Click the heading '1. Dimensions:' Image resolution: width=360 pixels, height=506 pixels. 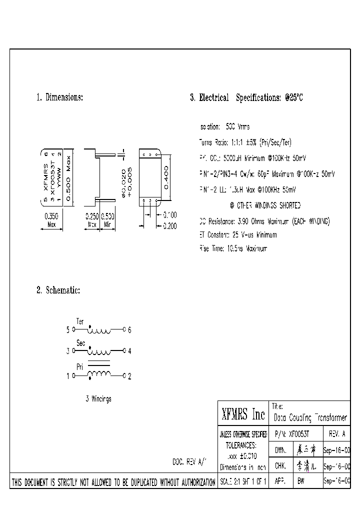[59, 97]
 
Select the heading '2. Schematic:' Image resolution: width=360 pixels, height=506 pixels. [58, 290]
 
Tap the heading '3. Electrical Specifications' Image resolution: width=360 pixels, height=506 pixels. [246, 98]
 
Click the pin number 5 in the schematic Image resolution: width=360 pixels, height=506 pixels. [68, 330]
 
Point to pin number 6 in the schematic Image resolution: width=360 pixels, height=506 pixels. [129, 330]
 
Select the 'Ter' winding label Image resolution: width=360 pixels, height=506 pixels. [80, 320]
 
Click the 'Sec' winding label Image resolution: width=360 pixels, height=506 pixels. [81, 343]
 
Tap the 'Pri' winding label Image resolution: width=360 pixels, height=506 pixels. [79, 366]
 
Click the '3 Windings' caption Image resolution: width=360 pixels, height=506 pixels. [98, 398]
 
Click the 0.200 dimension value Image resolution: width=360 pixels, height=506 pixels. [169, 226]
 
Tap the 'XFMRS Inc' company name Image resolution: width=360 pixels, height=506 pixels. [243, 414]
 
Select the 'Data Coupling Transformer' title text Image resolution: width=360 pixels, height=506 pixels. [310, 417]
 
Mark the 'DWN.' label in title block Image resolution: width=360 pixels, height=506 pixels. [280, 450]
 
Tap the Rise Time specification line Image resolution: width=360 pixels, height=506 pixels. [233, 248]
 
